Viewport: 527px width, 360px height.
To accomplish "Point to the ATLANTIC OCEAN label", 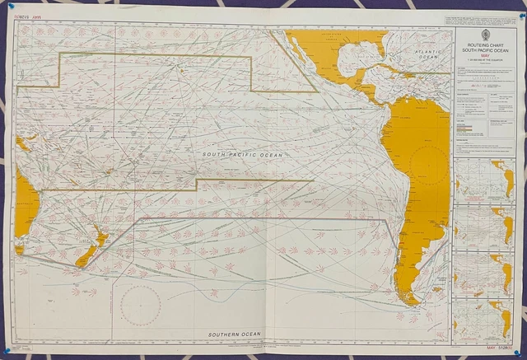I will click(x=427, y=54).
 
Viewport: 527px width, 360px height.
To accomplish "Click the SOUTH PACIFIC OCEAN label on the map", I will click(x=243, y=154).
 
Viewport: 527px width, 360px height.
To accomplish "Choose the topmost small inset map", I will click(x=484, y=175).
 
